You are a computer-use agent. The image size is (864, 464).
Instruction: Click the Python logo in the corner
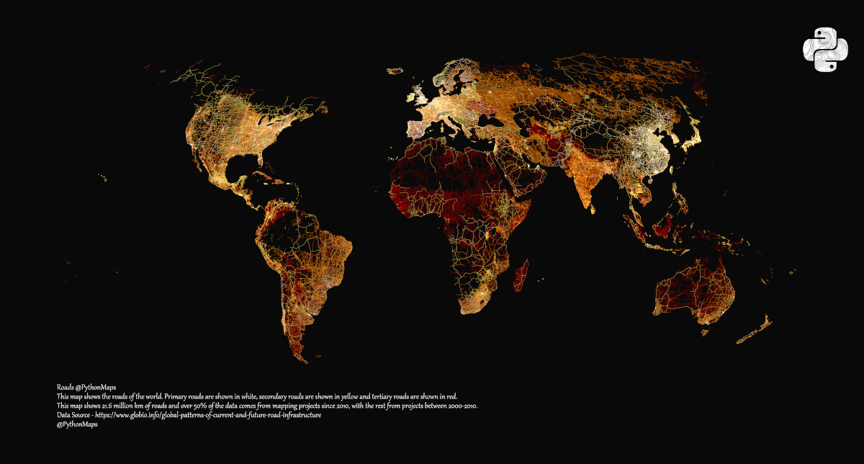pyautogui.click(x=822, y=50)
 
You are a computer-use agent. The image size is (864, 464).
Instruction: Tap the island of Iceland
pyautogui.click(x=395, y=71)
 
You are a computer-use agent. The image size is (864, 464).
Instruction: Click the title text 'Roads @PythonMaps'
pyautogui.click(x=86, y=388)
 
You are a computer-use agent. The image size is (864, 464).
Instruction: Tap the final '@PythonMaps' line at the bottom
pyautogui.click(x=77, y=425)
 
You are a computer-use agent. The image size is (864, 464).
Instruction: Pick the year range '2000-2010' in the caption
pyautogui.click(x=461, y=406)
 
